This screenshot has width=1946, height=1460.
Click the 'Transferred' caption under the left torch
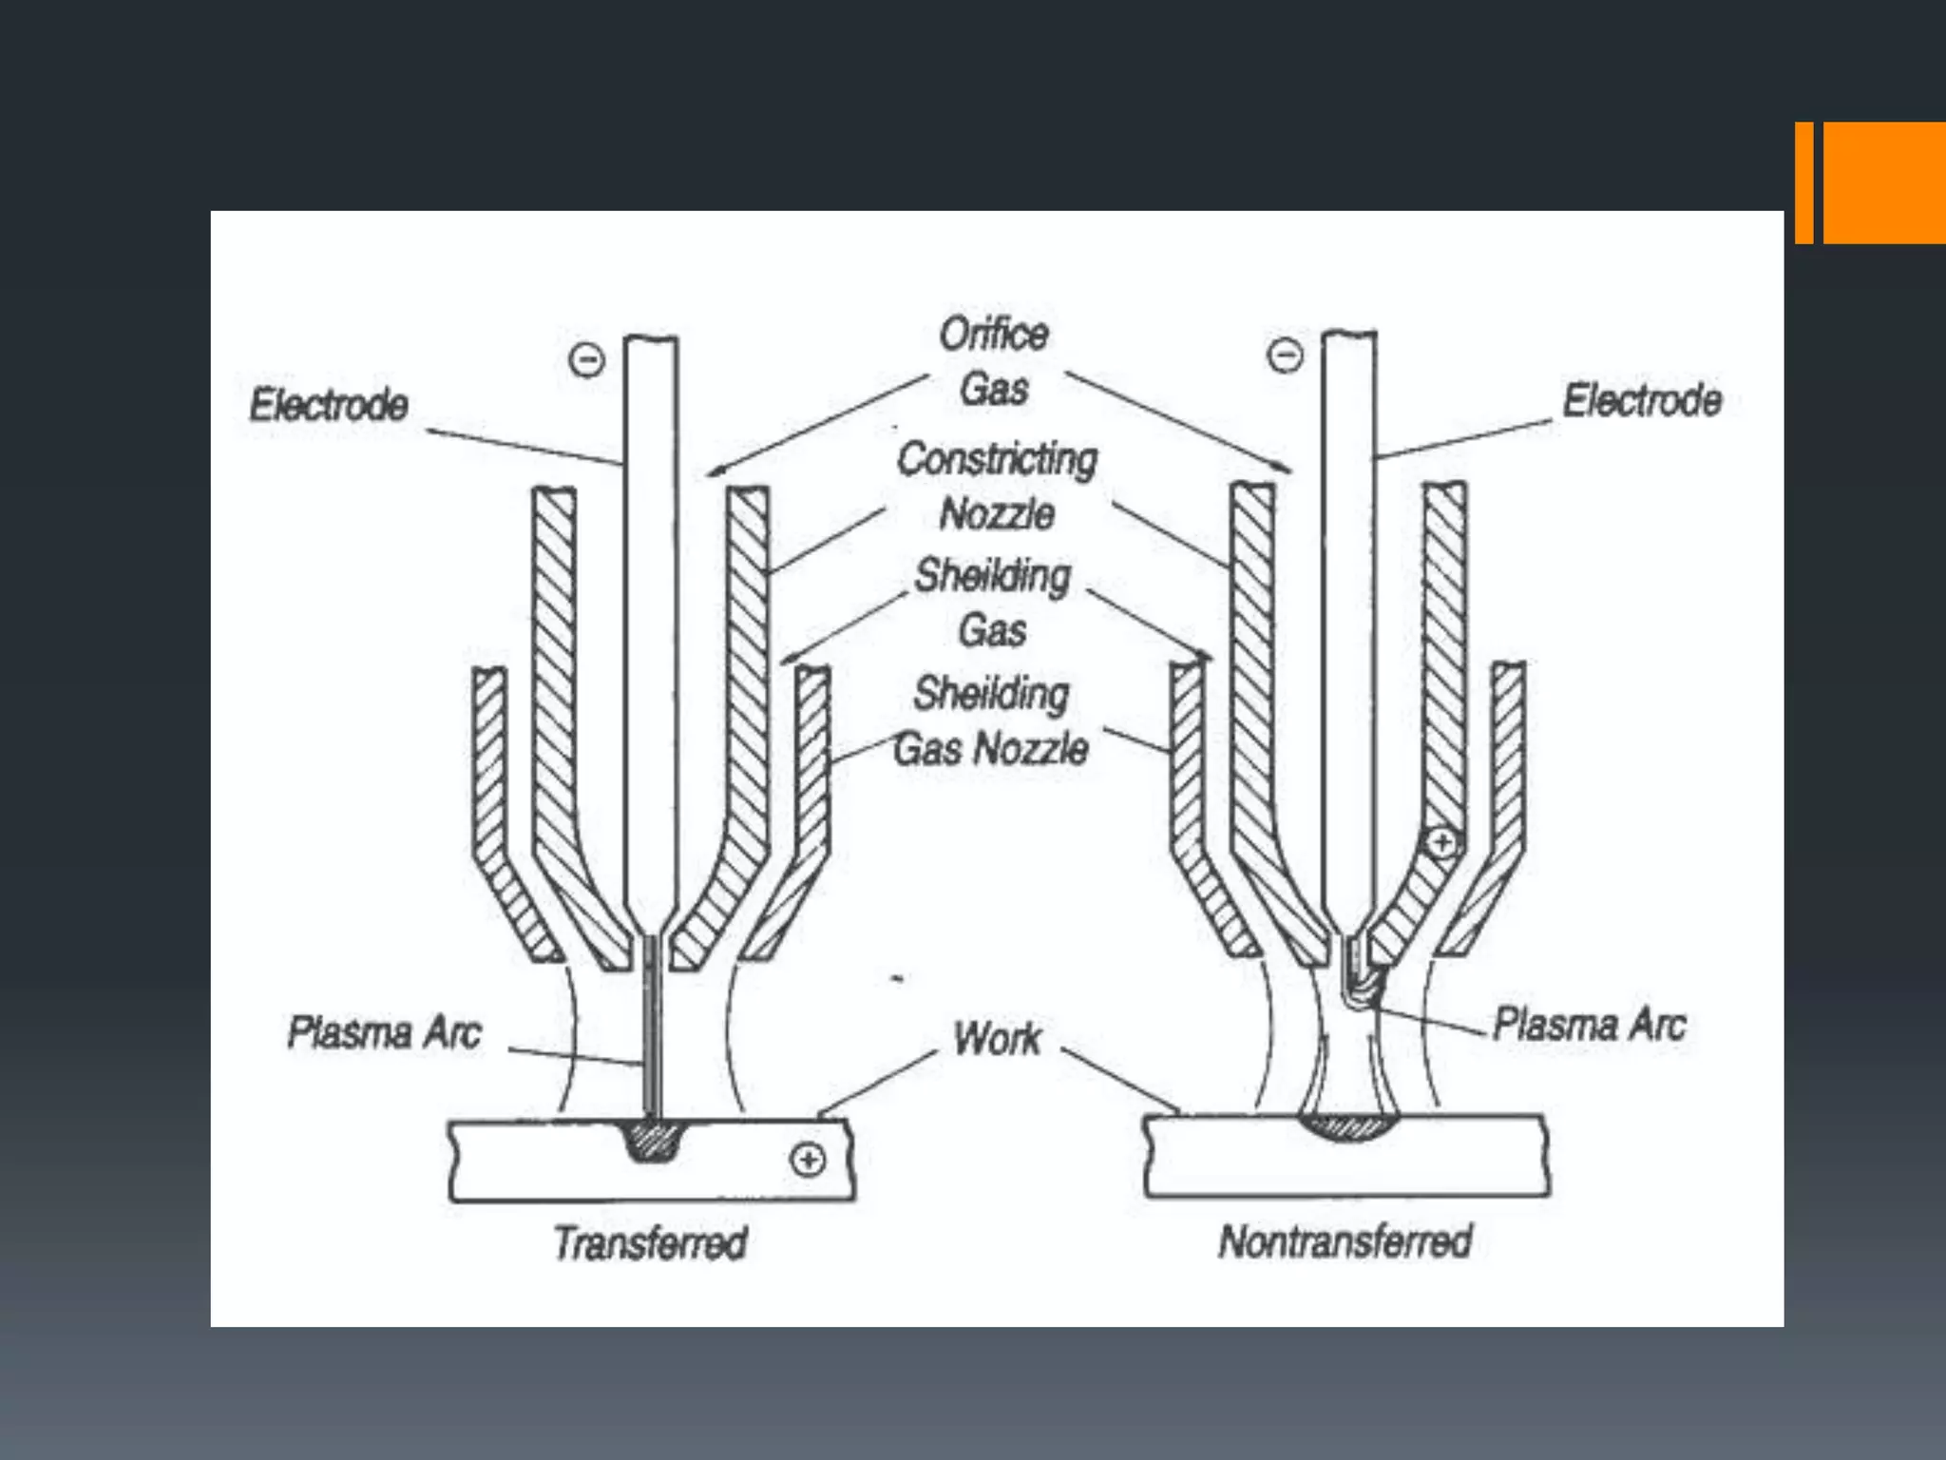[651, 1243]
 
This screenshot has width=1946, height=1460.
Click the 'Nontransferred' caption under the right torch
[1345, 1241]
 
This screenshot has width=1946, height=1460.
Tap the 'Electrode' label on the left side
[329, 405]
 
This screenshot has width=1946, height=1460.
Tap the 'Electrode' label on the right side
[1643, 400]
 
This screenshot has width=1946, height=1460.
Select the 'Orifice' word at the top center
[994, 334]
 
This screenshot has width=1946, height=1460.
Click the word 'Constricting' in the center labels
[997, 459]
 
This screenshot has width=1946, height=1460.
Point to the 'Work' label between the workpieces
[997, 1038]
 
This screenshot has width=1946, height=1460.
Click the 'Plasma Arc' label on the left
[385, 1032]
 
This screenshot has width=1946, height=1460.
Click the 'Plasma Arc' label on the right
[1590, 1025]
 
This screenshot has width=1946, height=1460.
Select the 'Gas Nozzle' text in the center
[991, 749]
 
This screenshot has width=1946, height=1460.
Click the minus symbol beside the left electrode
[586, 360]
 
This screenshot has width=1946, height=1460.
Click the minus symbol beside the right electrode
[1285, 356]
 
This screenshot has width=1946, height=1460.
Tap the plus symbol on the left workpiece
[808, 1160]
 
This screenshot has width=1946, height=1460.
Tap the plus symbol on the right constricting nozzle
[1441, 842]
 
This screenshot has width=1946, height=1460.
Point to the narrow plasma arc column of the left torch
[652, 1027]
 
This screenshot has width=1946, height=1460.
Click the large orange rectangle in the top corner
[1884, 182]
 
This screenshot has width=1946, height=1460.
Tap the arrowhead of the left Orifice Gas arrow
[713, 471]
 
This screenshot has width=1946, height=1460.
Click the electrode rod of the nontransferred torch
[1348, 618]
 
